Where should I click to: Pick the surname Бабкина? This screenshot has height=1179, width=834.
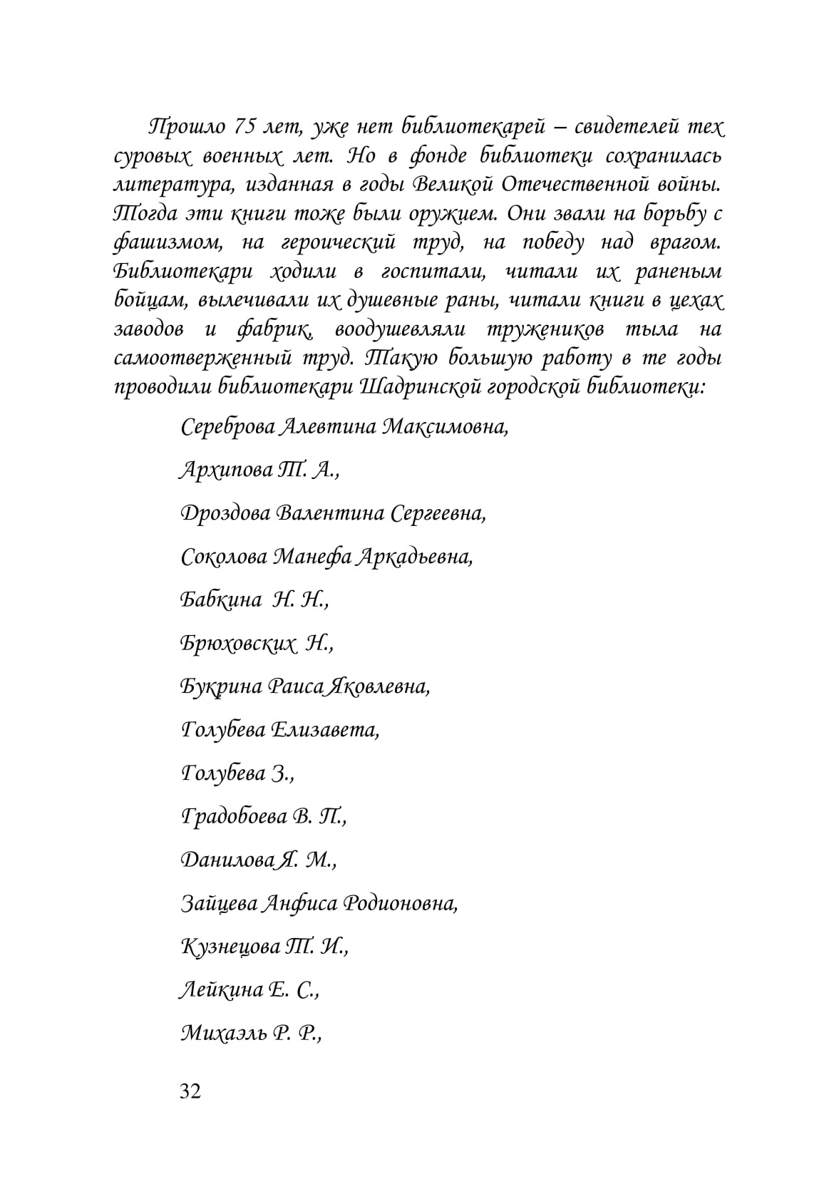pos(221,600)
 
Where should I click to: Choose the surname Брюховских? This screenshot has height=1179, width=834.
pos(237,644)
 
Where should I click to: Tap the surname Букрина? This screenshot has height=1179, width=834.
pos(222,687)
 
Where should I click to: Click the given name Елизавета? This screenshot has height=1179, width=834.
pos(324,730)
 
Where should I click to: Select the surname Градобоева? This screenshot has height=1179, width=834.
pos(235,817)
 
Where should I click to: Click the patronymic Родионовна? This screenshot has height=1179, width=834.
pos(400,904)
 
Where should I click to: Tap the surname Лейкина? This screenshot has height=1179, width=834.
pos(220,990)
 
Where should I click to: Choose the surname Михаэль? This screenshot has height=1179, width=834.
pos(222,1034)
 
